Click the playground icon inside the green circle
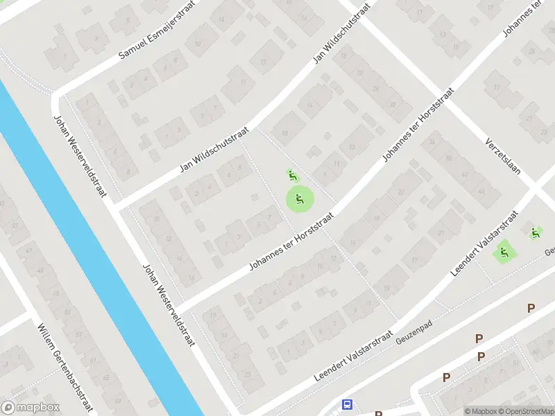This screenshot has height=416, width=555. (300, 200)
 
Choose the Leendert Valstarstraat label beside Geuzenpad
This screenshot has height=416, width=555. (355, 355)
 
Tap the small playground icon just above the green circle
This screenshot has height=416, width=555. (292, 175)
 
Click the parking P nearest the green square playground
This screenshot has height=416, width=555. (531, 308)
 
